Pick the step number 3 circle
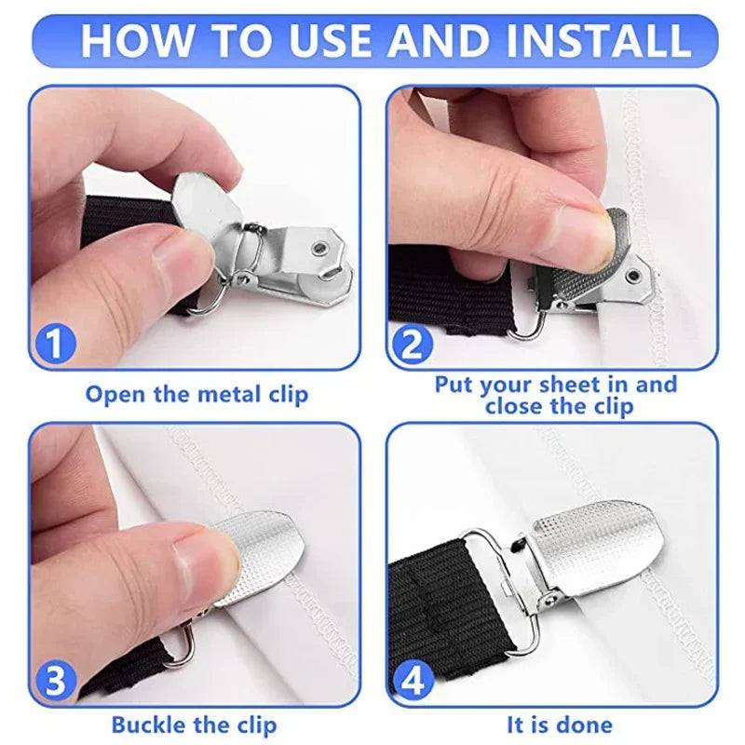coord(55,681)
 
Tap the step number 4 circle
coord(411,681)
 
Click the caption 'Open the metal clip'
coord(196,394)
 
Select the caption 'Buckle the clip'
coord(195,724)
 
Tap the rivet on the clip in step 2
coord(634,275)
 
